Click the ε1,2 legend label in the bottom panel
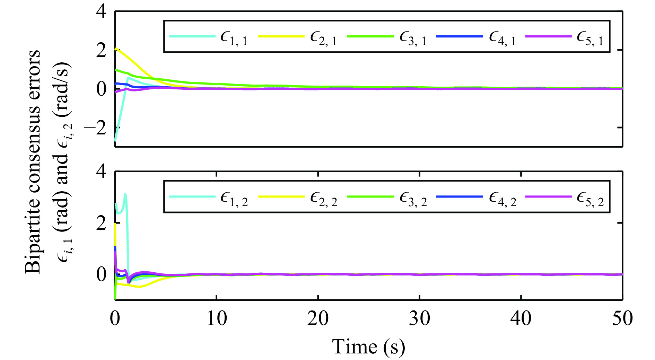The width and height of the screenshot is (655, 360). (234, 199)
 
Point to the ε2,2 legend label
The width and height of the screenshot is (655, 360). (323, 199)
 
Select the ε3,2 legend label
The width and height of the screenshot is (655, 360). (413, 199)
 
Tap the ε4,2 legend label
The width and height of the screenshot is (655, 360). (502, 199)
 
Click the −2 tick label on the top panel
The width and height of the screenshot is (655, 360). (95, 128)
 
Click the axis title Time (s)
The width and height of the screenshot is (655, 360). (368, 347)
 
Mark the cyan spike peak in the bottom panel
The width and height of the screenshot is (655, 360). (125, 194)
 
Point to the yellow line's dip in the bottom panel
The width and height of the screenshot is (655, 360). (139, 287)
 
